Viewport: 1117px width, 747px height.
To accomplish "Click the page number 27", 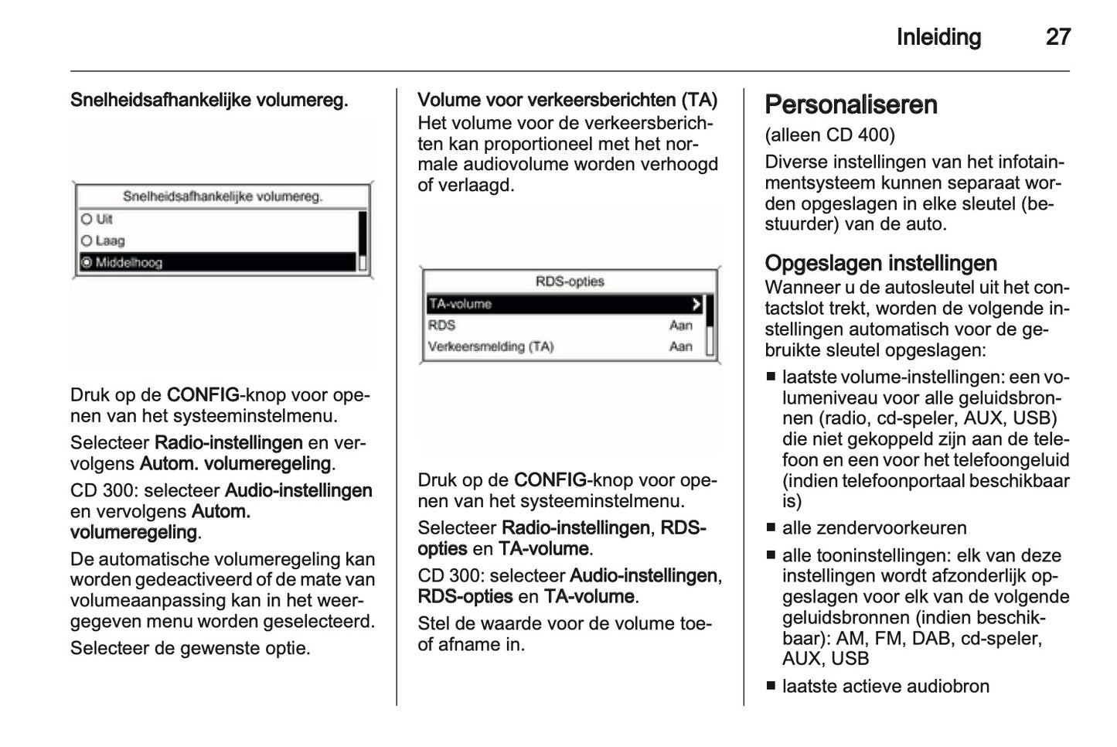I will tap(1057, 37).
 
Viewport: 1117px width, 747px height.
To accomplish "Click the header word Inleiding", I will tap(938, 37).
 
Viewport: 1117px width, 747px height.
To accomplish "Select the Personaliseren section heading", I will tap(850, 105).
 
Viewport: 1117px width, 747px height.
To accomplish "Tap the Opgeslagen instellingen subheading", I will tap(880, 263).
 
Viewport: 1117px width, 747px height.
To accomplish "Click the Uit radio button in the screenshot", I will tap(87, 220).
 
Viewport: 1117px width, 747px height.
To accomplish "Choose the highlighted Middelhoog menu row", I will tap(216, 263).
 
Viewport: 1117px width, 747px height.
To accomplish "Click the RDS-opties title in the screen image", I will tap(569, 281).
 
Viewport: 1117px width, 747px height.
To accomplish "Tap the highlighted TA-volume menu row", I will tap(564, 304).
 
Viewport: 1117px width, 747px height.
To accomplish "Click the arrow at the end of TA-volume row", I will tap(696, 304).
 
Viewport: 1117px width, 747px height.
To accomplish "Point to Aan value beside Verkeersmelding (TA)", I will tap(680, 346).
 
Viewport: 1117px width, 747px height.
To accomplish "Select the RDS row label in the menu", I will tap(441, 326).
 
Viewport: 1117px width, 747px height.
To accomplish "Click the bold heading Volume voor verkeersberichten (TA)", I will tap(567, 101).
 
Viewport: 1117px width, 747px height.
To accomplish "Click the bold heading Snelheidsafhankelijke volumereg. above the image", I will tap(209, 101).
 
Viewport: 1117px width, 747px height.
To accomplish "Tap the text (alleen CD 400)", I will tap(829, 135).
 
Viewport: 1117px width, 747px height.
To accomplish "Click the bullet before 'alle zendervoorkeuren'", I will tap(771, 529).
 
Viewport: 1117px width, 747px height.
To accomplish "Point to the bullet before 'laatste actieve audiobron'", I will tap(771, 687).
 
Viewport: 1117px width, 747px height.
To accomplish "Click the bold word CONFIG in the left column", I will tap(203, 395).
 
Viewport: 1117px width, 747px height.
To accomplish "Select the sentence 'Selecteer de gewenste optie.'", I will tap(190, 648).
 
